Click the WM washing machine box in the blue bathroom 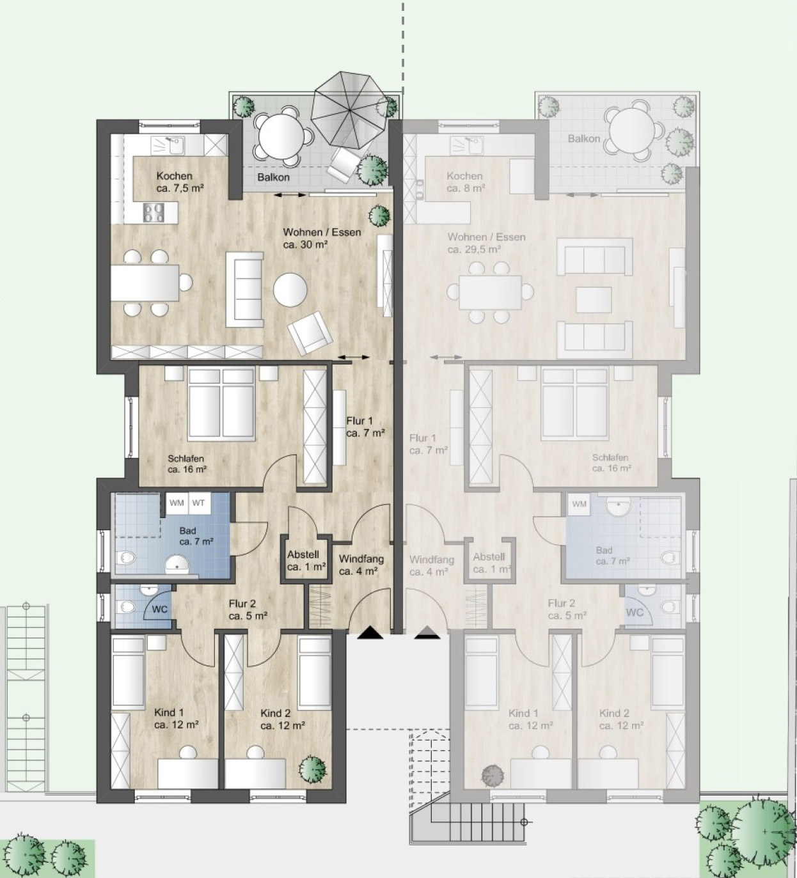[177, 503]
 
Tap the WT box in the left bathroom [199, 503]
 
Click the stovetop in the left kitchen [154, 213]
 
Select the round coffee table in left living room [290, 290]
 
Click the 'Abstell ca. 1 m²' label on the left [306, 561]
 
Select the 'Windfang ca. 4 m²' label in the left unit [361, 565]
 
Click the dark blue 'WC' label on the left [159, 609]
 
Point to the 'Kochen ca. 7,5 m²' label [180, 182]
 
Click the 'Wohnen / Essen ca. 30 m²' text [322, 238]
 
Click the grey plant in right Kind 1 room [493, 775]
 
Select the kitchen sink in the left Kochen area [168, 145]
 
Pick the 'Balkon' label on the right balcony [584, 139]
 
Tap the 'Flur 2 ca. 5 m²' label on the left [248, 609]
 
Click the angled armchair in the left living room [310, 333]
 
